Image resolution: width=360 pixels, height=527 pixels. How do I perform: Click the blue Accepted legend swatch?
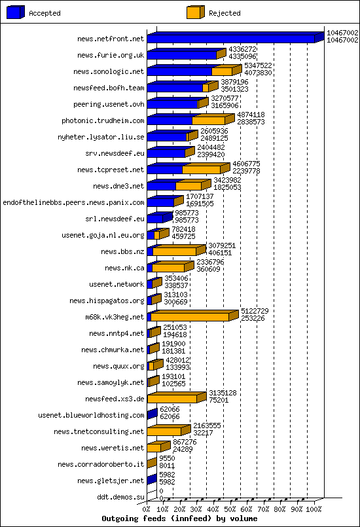(x=16, y=12)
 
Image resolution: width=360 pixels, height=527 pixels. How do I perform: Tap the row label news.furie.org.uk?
(x=111, y=56)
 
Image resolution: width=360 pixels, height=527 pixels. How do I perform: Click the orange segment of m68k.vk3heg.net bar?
(x=190, y=317)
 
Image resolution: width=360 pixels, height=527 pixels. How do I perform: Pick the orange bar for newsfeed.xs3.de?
(x=171, y=399)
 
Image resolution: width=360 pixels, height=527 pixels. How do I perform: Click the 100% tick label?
(x=314, y=509)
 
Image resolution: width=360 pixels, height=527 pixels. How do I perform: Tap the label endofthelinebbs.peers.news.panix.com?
(x=73, y=203)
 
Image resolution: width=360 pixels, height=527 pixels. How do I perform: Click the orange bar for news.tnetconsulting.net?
(x=168, y=431)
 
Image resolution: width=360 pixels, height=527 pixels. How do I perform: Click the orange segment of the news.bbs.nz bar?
(x=174, y=251)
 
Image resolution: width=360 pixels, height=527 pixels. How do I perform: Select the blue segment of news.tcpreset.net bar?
(x=164, y=170)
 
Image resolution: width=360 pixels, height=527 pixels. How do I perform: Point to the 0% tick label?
(x=147, y=509)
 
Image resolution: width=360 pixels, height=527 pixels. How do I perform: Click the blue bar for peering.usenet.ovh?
(x=172, y=104)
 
